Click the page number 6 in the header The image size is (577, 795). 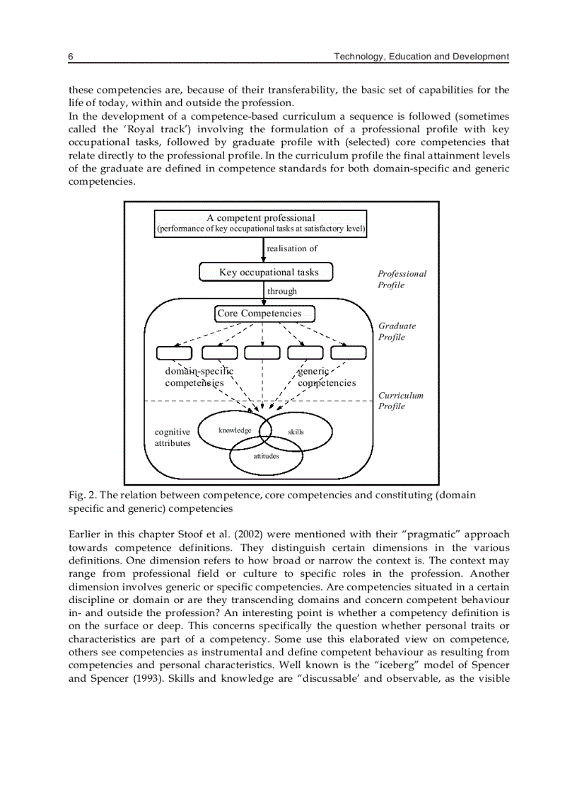(x=71, y=56)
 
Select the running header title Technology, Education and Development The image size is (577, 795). (x=421, y=56)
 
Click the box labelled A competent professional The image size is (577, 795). (x=261, y=223)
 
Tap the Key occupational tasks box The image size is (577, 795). (x=266, y=273)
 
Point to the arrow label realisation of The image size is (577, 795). (x=292, y=248)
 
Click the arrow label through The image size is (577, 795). (x=282, y=291)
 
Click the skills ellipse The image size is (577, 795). (x=296, y=432)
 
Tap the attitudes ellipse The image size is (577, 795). (x=267, y=457)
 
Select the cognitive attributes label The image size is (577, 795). (x=173, y=437)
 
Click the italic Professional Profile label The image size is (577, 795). (x=402, y=279)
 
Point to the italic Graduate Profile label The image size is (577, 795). (x=397, y=331)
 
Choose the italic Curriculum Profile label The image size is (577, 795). (x=400, y=401)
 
